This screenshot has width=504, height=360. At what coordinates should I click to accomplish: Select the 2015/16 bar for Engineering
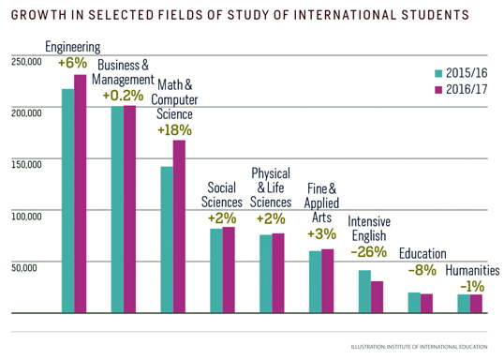point(67,201)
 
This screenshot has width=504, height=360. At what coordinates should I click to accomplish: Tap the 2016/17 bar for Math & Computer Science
point(179,226)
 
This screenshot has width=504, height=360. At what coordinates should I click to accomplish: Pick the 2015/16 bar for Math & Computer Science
point(167,239)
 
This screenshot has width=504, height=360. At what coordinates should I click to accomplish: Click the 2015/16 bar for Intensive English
point(364,292)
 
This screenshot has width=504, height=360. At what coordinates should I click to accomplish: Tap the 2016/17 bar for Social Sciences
point(229,269)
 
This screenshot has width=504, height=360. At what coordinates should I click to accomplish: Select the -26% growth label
point(368,252)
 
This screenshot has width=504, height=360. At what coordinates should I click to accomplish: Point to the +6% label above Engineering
point(72,63)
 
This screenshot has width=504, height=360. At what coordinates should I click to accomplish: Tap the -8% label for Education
point(422,270)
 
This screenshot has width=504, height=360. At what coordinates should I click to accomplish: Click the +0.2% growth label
point(123,96)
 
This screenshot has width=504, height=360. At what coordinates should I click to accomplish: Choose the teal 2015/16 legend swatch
point(437,73)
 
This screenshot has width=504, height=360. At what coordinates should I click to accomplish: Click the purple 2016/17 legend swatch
point(437,90)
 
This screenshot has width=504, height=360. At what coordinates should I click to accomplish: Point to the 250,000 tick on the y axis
point(26,62)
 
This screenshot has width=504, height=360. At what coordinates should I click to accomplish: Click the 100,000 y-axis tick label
point(26,216)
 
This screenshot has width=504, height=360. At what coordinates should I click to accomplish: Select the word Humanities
point(472,270)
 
